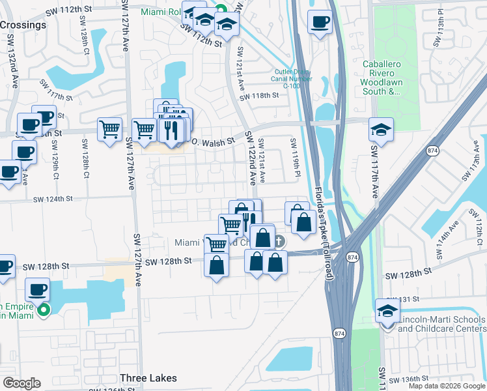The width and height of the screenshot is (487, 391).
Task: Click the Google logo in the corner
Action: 21,383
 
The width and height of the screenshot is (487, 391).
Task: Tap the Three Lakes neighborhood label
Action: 148,378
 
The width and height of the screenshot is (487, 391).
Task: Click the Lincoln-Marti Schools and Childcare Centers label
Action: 441,324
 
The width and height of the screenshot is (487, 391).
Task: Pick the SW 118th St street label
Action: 259,96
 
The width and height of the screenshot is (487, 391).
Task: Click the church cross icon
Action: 279,242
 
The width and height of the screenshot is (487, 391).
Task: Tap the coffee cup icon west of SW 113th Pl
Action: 320,22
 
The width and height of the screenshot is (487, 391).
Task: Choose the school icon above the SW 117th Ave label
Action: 381,129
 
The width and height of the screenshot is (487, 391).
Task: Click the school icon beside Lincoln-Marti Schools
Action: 387,311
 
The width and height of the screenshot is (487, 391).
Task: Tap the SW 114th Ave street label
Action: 449,231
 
